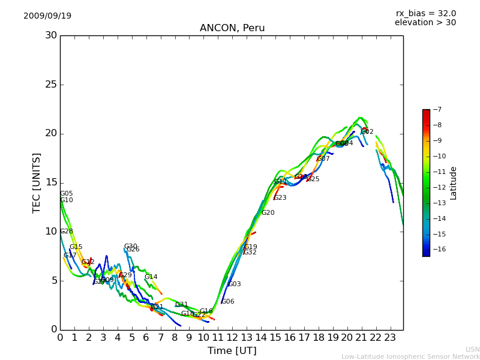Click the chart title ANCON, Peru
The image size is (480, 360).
click(x=232, y=28)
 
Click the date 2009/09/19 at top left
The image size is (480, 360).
click(x=47, y=16)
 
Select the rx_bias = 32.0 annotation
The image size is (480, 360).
click(x=425, y=13)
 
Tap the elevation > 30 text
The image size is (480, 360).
click(x=425, y=23)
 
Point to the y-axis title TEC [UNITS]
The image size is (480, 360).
click(x=37, y=182)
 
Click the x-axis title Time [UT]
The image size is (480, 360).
click(x=232, y=350)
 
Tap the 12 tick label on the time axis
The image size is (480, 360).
click(x=232, y=337)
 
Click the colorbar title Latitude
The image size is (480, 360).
click(x=454, y=183)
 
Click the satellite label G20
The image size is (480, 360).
click(x=268, y=213)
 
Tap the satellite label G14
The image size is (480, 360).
click(x=151, y=277)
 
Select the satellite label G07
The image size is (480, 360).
click(x=323, y=159)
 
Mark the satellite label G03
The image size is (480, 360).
click(x=234, y=284)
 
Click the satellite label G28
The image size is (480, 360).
click(x=66, y=232)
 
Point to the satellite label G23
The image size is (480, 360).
click(x=280, y=198)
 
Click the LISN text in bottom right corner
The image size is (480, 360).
click(x=472, y=349)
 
